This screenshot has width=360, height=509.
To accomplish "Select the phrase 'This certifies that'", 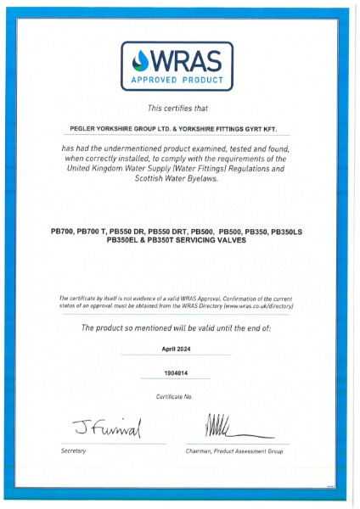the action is pyautogui.click(x=180, y=109).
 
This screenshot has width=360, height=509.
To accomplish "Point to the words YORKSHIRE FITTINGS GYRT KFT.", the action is pyautogui.click(x=240, y=130).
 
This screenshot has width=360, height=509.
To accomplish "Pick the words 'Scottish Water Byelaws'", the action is pyautogui.click(x=180, y=181).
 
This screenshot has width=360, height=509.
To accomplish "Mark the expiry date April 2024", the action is pyautogui.click(x=180, y=349).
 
